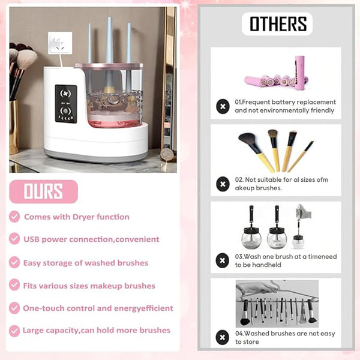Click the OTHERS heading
pyautogui.click(x=278, y=23)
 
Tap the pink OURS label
pyautogui.click(x=43, y=191)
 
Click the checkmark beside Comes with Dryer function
pyautogui.click(x=14, y=217)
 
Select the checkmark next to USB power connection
pyautogui.click(x=14, y=239)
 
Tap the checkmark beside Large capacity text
pyautogui.click(x=14, y=331)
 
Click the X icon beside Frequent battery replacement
pyautogui.click(x=223, y=106)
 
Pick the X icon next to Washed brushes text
pyautogui.click(x=222, y=337)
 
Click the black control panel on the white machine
pyautogui.click(x=66, y=104)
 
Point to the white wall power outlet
pyautogui.click(x=60, y=43)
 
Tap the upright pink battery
pyautogui.click(x=300, y=73)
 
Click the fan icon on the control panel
pyautogui.click(x=65, y=93)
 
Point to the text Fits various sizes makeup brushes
pyautogui.click(x=89, y=286)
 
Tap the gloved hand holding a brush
pyautogui.click(x=304, y=212)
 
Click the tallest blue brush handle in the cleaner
pyautogui.click(x=109, y=41)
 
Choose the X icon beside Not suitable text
pyautogui.click(x=223, y=184)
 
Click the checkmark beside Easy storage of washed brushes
pyautogui.click(x=14, y=262)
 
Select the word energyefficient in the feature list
pyautogui.click(x=143, y=308)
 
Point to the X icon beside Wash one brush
pyautogui.click(x=222, y=260)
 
